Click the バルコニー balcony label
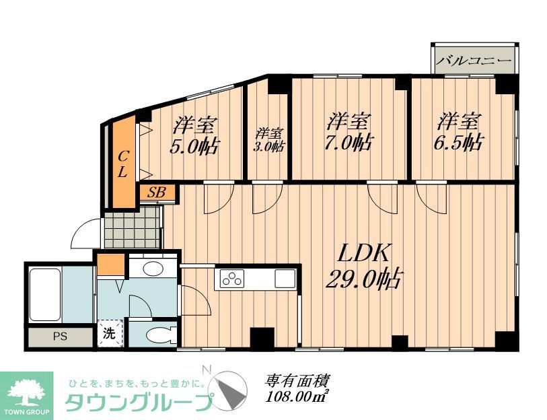474,61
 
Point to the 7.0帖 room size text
350,143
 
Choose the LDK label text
364,254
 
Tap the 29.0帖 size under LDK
363,278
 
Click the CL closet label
122,164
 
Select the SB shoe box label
157,193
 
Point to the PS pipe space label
59,337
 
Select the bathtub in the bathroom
44,293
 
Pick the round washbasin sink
153,269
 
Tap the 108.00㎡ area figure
297,397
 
